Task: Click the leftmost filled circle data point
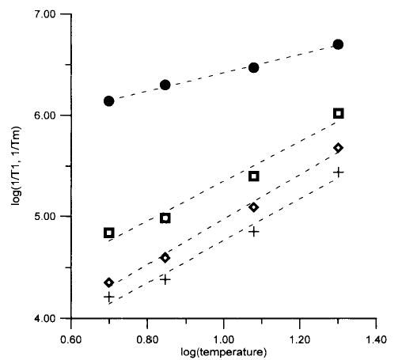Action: (x=109, y=101)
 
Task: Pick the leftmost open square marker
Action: (x=109, y=233)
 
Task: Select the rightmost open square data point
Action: (x=339, y=113)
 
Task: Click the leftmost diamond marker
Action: (x=109, y=282)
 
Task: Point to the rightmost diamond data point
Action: (x=339, y=148)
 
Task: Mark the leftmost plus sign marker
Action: (x=109, y=297)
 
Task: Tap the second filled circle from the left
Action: (x=165, y=85)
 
